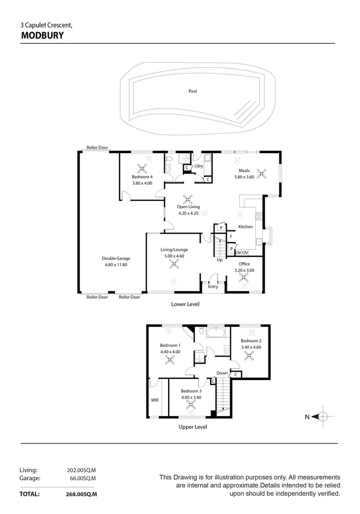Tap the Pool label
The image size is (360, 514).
pos(192,91)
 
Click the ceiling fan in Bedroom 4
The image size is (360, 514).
pos(142,168)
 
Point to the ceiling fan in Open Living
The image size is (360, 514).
pos(188,199)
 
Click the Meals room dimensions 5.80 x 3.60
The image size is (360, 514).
pos(244,177)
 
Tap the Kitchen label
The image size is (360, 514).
pos(245,227)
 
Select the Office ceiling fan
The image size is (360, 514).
pos(244,277)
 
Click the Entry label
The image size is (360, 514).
pos(213,287)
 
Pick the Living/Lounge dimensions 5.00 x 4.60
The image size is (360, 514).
pos(174,256)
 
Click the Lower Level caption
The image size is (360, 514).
pos(185,304)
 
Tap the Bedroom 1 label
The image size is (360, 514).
pos(170,345)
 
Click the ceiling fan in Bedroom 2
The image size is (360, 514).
pos(249,355)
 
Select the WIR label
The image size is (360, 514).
pos(155,399)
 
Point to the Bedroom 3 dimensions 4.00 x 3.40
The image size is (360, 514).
pos(191,397)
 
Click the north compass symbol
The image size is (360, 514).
pos(323,417)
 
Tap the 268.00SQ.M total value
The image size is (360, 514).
pos(82,494)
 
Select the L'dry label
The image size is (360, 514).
pos(199,166)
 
